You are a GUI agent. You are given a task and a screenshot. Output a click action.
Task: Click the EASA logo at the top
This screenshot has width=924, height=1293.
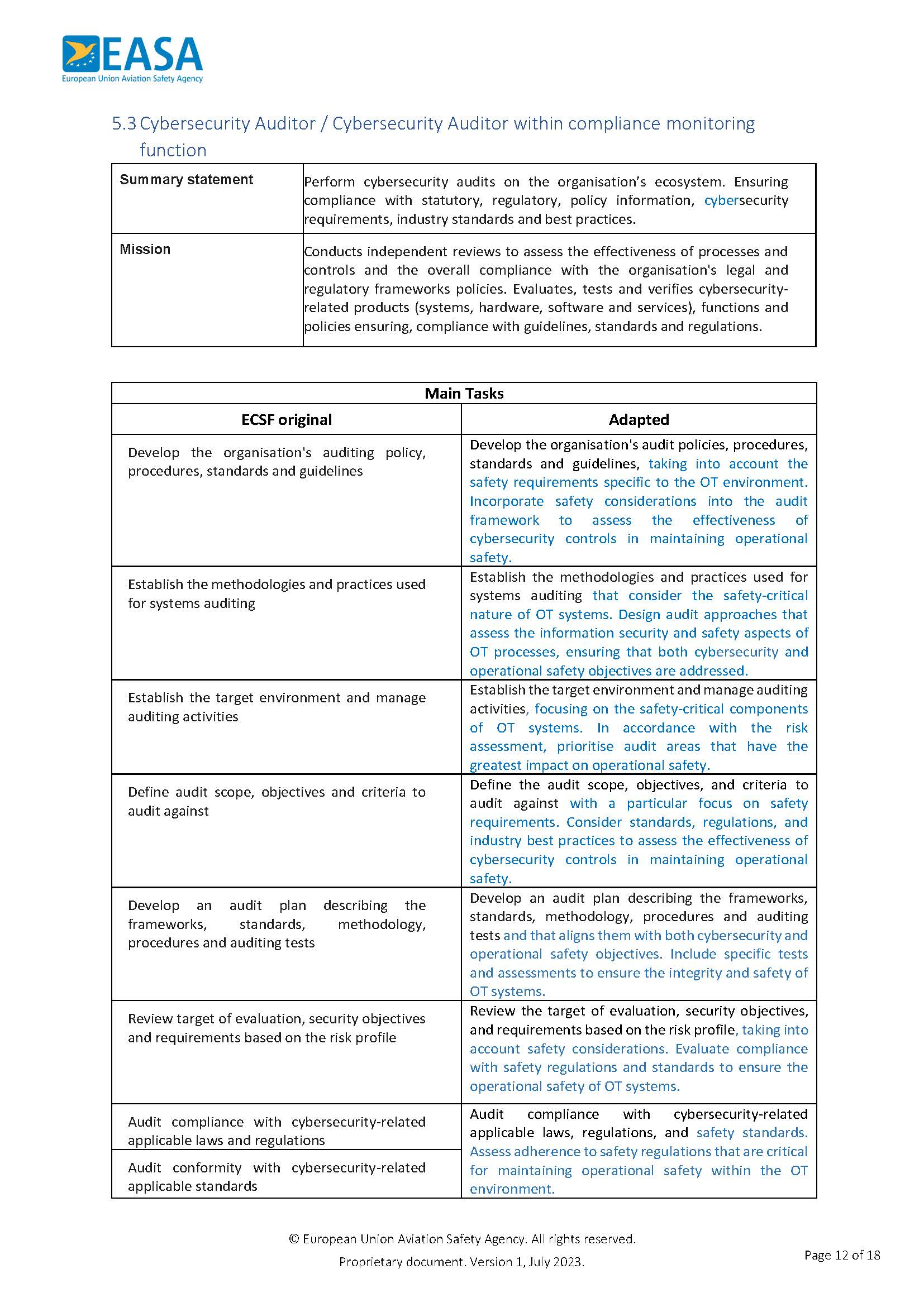click(x=132, y=54)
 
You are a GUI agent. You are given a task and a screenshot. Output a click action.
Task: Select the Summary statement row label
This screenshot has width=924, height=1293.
click(x=186, y=180)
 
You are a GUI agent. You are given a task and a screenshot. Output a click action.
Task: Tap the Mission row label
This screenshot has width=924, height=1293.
click(x=145, y=249)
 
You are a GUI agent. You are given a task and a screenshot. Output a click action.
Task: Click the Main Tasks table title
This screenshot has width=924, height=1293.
click(x=464, y=394)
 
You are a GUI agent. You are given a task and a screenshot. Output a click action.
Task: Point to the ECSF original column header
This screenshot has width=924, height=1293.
click(x=286, y=420)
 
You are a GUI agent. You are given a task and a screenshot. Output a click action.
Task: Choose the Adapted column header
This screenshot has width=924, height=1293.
click(x=639, y=420)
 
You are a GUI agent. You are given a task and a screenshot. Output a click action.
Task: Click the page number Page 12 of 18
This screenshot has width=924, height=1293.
click(x=842, y=1254)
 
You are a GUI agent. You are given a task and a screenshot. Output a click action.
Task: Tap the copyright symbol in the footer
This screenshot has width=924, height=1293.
click(x=294, y=1238)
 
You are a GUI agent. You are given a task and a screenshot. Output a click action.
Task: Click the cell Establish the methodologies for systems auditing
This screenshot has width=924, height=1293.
click(x=277, y=593)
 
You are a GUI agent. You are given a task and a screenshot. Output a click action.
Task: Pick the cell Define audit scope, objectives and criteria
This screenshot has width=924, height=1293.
click(x=277, y=801)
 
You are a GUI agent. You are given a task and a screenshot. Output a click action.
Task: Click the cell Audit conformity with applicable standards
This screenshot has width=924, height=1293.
click(x=277, y=1176)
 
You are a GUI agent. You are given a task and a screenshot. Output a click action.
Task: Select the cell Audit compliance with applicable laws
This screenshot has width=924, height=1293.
click(x=277, y=1131)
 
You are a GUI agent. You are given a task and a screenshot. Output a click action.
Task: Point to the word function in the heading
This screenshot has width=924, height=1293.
click(x=173, y=150)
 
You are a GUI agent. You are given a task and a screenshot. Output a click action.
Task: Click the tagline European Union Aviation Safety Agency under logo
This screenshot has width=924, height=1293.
click(x=132, y=79)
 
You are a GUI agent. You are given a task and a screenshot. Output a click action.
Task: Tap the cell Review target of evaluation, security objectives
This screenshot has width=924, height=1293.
click(x=277, y=1028)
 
